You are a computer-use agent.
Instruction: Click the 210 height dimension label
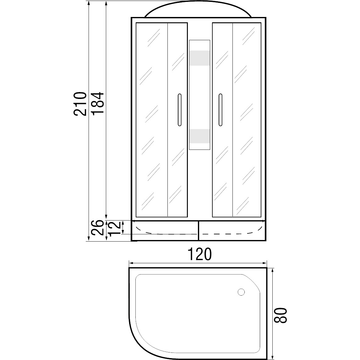(x=80, y=104)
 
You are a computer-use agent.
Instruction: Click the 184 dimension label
(x=98, y=103)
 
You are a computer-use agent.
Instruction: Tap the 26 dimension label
(x=98, y=227)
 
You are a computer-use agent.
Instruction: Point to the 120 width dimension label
(x=199, y=254)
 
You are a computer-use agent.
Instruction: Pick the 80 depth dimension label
(x=281, y=315)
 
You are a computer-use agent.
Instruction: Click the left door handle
(x=180, y=110)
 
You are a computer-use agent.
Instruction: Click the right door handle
(x=221, y=110)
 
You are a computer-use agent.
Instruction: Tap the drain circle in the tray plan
(x=241, y=292)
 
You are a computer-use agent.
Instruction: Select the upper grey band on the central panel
(x=199, y=58)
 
